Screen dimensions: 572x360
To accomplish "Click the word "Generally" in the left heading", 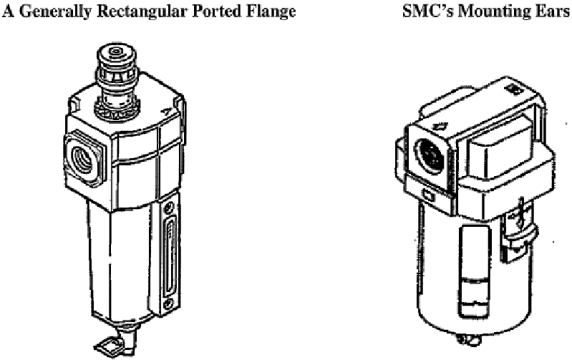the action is point(54,11).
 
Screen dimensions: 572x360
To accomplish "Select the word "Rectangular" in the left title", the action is point(142,11).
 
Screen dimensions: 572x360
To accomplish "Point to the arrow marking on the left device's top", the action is point(166,111).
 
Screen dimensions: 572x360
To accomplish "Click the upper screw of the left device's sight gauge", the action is point(168,210).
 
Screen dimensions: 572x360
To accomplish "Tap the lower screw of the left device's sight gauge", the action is point(168,303).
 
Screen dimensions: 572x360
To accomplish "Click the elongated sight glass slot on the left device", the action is point(170,256).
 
